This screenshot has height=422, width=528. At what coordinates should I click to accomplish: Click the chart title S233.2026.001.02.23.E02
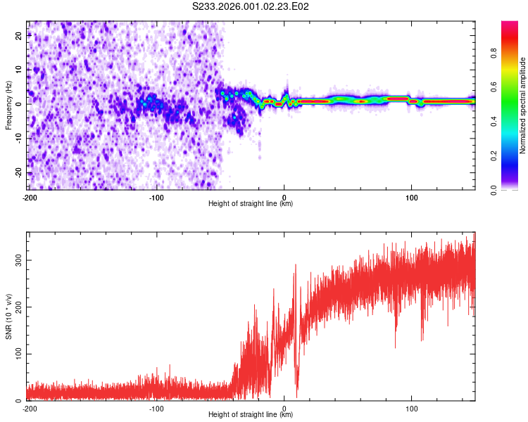click(x=251, y=6)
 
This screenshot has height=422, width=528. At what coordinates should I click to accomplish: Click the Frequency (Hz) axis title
click(x=8, y=105)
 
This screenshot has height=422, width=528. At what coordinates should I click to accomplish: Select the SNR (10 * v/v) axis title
click(x=8, y=316)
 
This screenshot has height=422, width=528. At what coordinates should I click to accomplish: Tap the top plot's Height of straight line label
click(x=251, y=204)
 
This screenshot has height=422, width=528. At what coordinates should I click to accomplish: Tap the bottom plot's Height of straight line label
click(x=251, y=415)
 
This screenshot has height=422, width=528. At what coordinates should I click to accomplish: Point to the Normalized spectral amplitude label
click(x=522, y=105)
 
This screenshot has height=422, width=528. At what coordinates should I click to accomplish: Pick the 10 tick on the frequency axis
click(x=20, y=70)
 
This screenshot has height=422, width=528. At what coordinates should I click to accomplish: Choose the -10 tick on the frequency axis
click(x=18, y=139)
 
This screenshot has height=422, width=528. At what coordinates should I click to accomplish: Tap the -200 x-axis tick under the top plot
click(x=29, y=197)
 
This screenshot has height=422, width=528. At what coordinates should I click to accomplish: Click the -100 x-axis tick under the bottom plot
click(x=156, y=408)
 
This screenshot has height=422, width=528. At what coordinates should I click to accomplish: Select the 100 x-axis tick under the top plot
click(x=412, y=197)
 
